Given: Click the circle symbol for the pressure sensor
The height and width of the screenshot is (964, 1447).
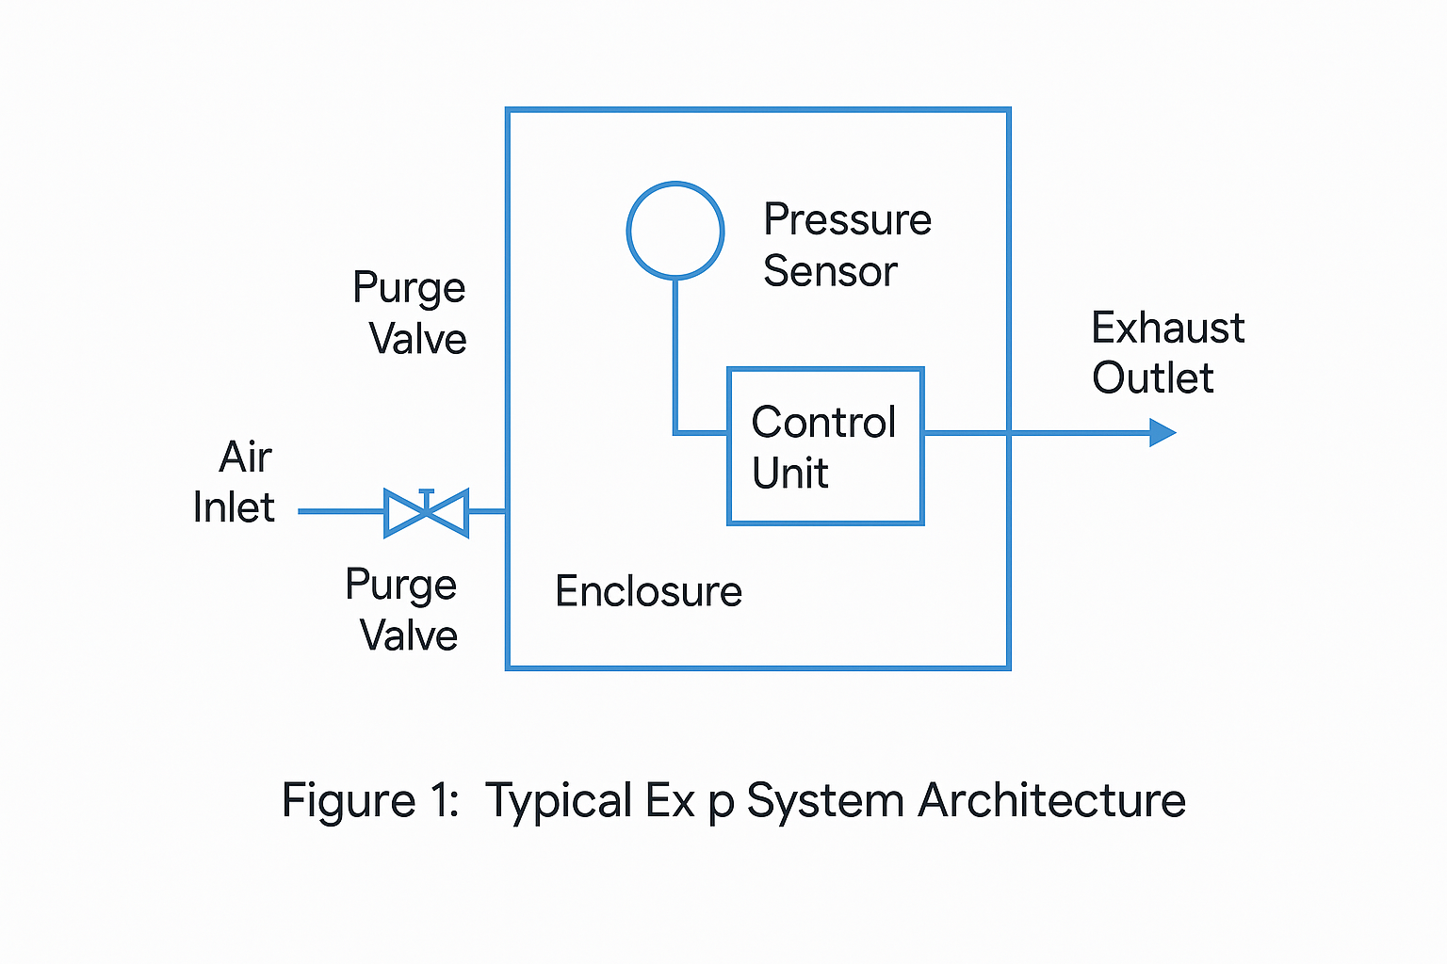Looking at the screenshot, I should coord(675,231).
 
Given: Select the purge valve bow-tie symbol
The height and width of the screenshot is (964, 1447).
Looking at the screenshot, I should coord(427,513).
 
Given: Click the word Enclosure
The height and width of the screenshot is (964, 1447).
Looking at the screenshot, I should coord(648,591).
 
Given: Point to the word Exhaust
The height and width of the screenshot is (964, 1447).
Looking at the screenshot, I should coord(1168,328).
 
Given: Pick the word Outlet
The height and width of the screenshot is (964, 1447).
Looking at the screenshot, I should coord(1153,378).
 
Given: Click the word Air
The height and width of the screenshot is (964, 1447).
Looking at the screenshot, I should coord(245,458).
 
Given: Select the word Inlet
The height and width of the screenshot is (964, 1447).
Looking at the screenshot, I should coord(234,507).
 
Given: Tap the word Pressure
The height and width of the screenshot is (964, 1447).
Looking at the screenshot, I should coord(847,219).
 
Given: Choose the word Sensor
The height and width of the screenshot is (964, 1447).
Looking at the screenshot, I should coord(830,271).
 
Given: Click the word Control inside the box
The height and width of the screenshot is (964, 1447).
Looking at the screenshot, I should coord(823,423).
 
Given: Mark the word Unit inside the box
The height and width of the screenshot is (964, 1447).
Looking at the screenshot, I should coord(789,473).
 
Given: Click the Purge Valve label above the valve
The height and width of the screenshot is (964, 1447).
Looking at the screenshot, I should coord(411,313).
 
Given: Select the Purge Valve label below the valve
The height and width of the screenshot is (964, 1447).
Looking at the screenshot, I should coord(402,609).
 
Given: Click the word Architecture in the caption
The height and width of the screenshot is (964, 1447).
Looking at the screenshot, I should coord(1051,801).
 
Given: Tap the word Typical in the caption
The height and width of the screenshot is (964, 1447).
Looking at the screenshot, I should coord(559,801).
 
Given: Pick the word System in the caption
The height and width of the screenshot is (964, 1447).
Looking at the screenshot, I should coord(825,801).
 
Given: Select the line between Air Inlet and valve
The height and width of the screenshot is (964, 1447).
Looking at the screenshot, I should coord(341,511).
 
